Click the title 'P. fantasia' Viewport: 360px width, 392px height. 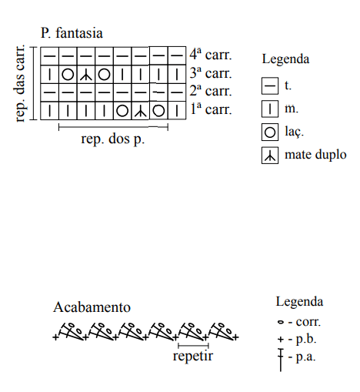click(x=72, y=34)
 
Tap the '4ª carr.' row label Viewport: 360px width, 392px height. click(x=211, y=55)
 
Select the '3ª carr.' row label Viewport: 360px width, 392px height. click(x=211, y=73)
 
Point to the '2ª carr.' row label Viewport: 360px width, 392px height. click(x=211, y=91)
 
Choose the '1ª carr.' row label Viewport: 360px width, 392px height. click(x=211, y=109)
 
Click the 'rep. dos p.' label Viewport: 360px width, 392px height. click(x=113, y=139)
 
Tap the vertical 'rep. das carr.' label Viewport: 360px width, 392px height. click(x=20, y=83)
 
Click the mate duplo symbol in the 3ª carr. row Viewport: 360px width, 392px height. click(x=86, y=75)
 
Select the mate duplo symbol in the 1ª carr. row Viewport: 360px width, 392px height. click(x=140, y=111)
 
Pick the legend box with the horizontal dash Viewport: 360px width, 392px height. click(x=270, y=85)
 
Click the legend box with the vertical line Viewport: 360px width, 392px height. click(x=270, y=109)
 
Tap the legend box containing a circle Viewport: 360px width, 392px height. click(x=270, y=132)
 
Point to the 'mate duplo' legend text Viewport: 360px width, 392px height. click(x=315, y=155)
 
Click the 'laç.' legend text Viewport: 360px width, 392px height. click(x=294, y=132)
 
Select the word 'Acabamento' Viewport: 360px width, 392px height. click(x=92, y=307)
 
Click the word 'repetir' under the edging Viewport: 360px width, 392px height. click(x=193, y=357)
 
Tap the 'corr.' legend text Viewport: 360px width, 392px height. click(x=308, y=322)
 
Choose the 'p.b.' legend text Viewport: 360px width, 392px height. click(x=306, y=340)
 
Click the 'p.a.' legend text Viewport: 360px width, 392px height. click(x=305, y=357)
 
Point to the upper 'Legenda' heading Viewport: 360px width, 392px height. click(x=285, y=59)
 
